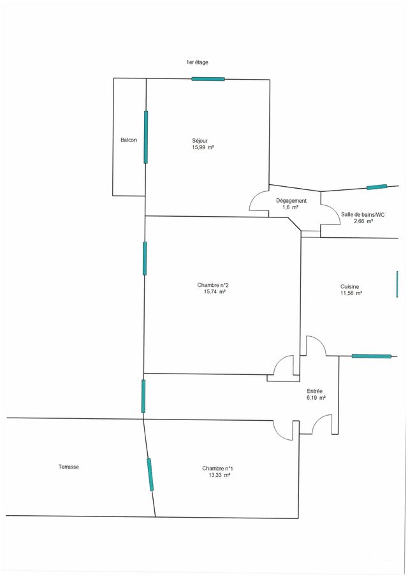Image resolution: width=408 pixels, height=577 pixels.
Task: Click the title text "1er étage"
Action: pos(197,62)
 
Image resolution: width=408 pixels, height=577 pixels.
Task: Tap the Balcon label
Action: pos(129,140)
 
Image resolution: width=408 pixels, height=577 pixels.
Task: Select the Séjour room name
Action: pos(200,140)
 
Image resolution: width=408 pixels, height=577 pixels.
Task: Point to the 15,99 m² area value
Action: pos(203,147)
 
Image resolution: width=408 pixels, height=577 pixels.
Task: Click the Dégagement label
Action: pos(291,201)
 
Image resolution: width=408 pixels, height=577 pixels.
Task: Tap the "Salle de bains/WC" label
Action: pos(363,215)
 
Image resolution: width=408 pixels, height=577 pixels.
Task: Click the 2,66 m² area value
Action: pos(363,222)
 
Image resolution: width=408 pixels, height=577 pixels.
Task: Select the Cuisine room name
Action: pos(351,287)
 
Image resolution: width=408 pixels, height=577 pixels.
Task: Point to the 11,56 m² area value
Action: pos(351,294)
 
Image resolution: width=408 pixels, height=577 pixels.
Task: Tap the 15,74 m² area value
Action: pos(215,292)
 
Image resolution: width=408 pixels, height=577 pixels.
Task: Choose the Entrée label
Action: pos(315,391)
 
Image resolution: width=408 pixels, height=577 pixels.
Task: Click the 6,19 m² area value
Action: pos(316,398)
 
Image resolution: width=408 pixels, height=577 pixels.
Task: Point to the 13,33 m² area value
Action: pos(219,476)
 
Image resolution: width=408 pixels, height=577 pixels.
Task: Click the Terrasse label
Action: pos(68,467)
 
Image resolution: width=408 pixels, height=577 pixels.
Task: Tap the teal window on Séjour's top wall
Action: pos(208,79)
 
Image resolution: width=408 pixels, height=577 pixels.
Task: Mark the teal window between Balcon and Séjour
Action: pos(146,137)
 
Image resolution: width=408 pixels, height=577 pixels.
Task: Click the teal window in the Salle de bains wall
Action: pos(376,187)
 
